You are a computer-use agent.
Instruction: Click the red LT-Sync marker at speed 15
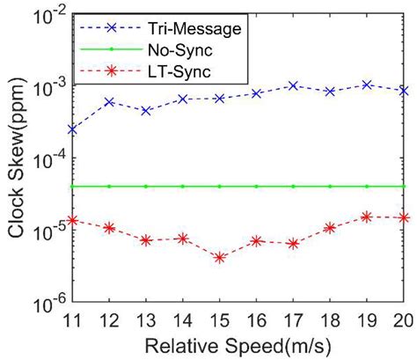pos(219,258)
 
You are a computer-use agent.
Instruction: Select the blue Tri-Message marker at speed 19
pos(367,84)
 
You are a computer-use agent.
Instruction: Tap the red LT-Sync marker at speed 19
pos(367,217)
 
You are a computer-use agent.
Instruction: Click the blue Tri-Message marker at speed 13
pos(146,111)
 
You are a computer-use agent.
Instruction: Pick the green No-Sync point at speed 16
pos(256,187)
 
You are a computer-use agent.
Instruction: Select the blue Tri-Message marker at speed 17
pos(293,85)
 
